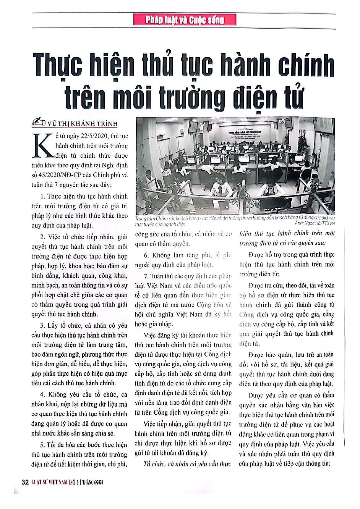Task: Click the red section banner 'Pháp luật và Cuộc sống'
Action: point(185,19)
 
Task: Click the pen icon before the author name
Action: point(40,122)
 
